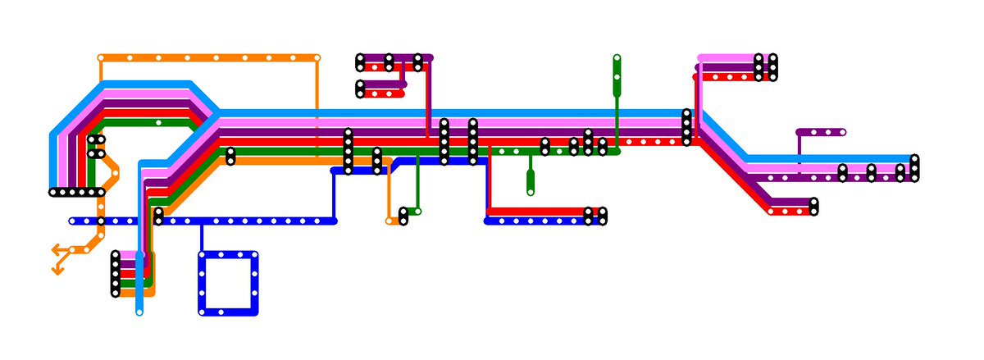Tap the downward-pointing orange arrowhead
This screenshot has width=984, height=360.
pos(58,271)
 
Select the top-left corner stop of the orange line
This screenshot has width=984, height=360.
pos(101,58)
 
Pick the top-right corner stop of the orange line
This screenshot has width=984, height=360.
pos(317,58)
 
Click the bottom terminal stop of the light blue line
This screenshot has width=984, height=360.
pos(139,312)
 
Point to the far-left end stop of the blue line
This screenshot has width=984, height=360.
pos(72,221)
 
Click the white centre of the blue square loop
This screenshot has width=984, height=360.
pos(228,283)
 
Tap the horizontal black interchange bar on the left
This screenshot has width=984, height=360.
pos(77,193)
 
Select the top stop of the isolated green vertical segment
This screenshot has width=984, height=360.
pos(617,58)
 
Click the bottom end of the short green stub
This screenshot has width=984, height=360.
pos(531,192)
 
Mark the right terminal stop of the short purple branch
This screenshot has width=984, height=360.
pos(842,132)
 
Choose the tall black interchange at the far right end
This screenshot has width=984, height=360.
pos(914,167)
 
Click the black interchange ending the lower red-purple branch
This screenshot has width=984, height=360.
pos(813,206)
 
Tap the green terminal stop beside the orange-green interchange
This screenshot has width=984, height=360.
pos(417,212)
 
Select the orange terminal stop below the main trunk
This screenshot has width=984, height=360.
pos(389,221)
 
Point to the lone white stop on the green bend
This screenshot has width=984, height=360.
pos(158,122)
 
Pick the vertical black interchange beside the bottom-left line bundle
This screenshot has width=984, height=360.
pos(116,274)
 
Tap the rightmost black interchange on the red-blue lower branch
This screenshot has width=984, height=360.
pos(603,216)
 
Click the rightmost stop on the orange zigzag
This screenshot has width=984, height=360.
pos(116,173)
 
